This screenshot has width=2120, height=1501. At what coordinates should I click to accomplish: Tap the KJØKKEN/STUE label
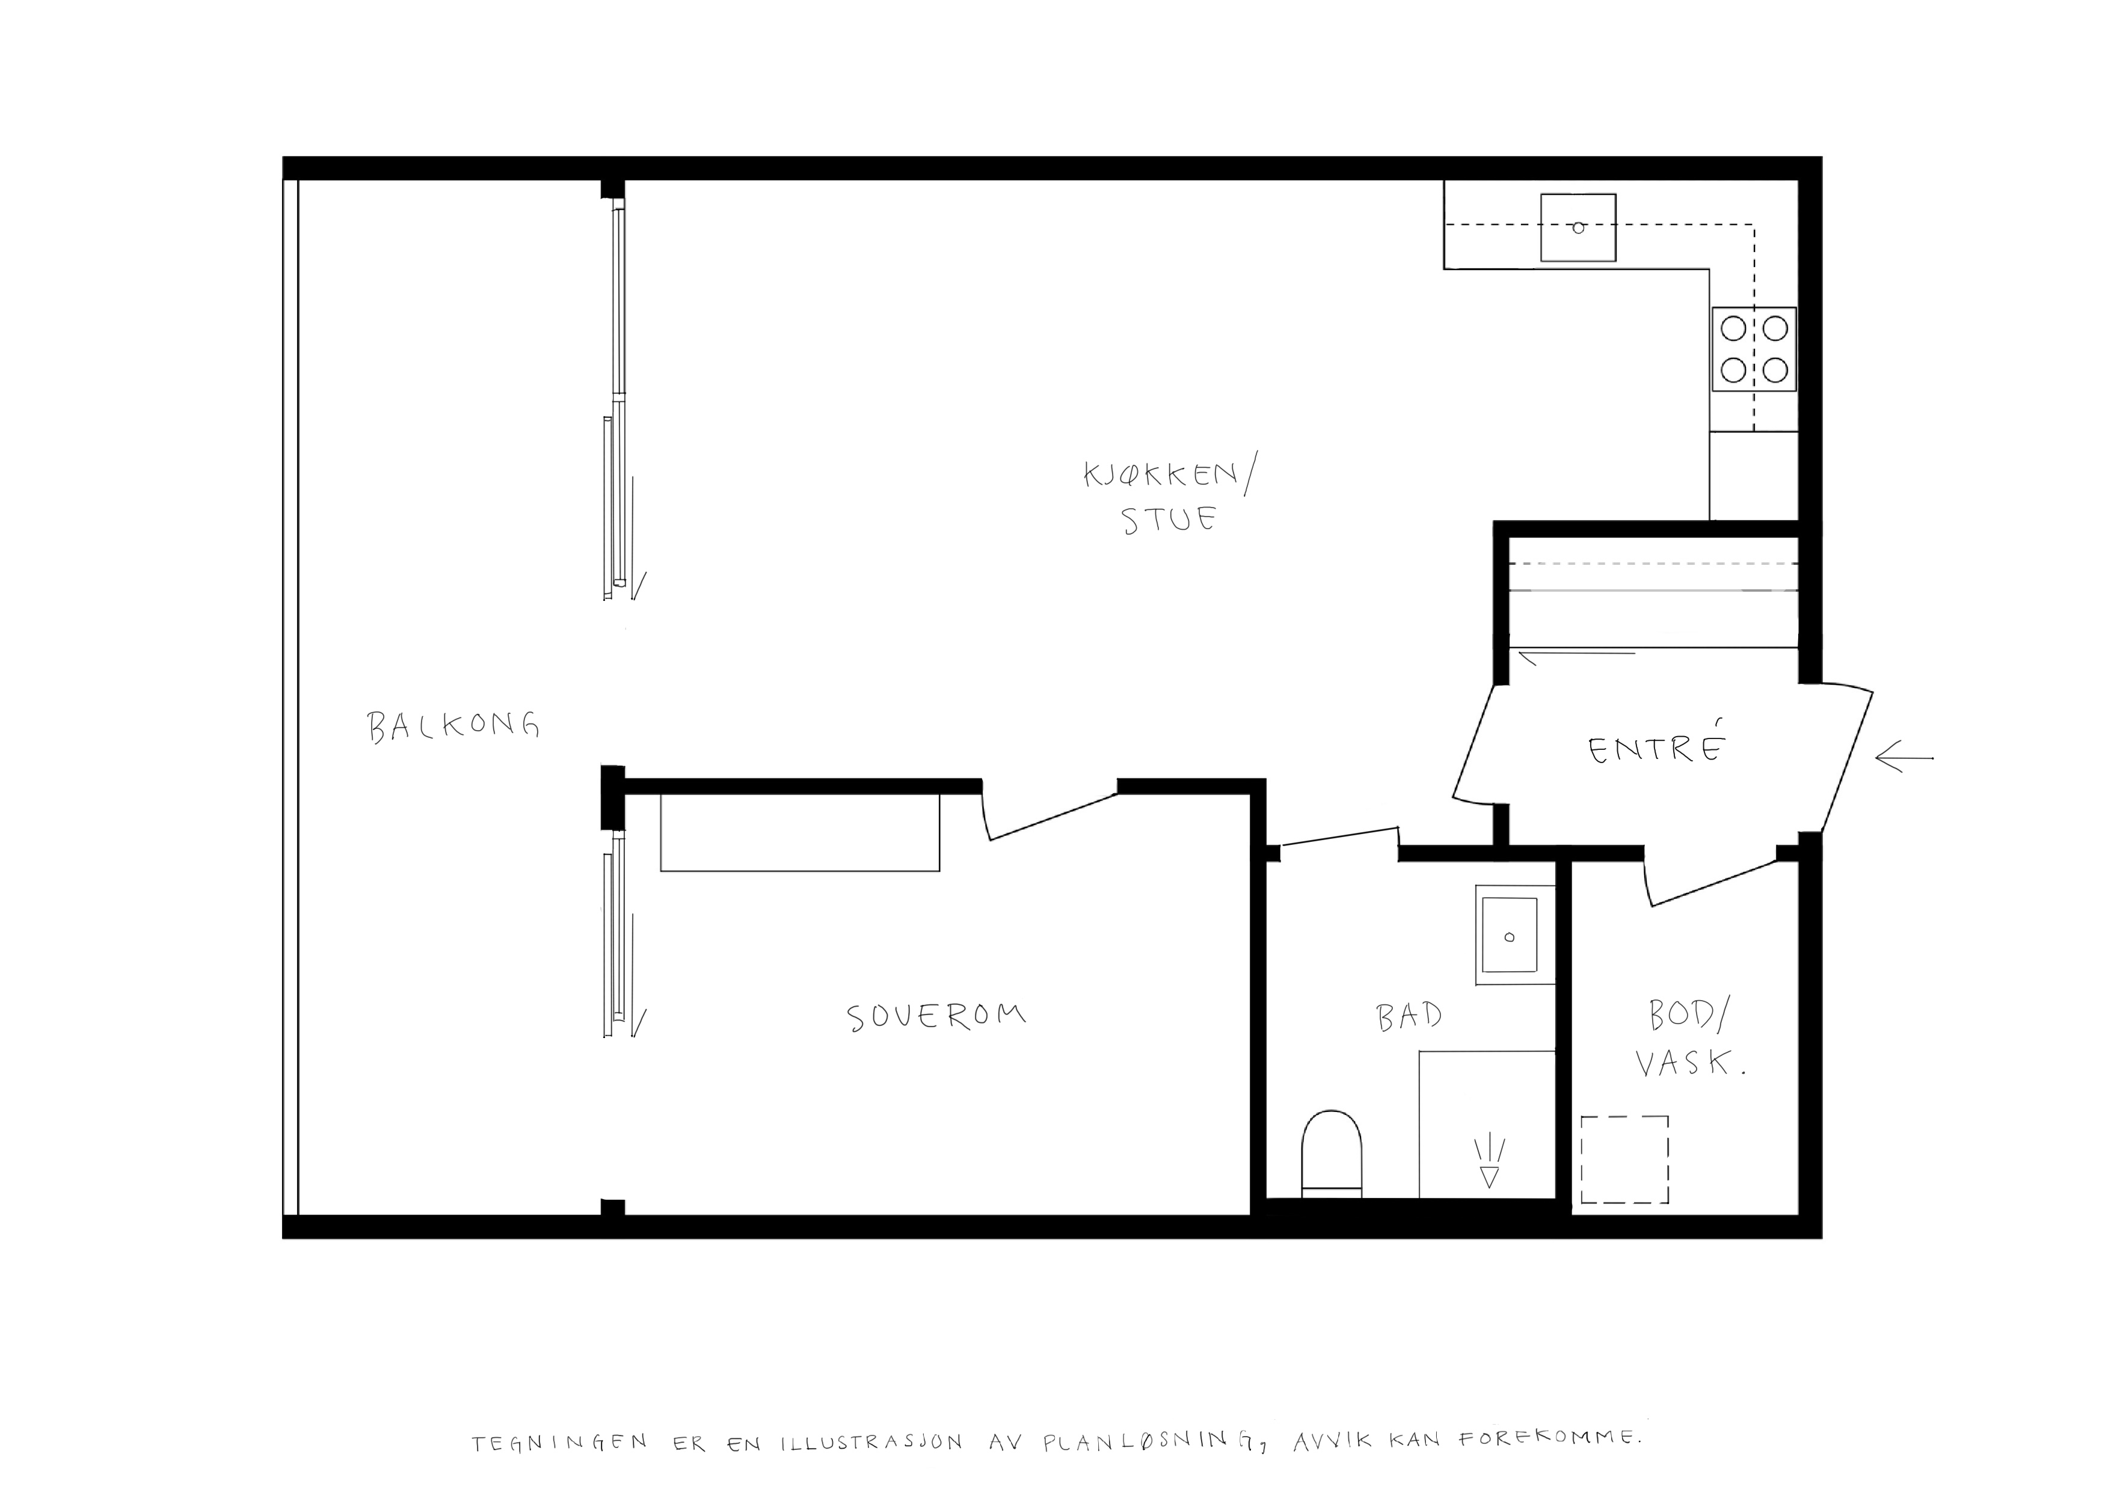tap(1169, 497)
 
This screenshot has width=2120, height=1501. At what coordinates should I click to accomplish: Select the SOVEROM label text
tap(936, 1017)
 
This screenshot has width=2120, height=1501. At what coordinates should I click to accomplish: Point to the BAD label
tap(1409, 1017)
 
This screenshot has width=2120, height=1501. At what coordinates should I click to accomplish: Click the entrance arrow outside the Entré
tap(1903, 759)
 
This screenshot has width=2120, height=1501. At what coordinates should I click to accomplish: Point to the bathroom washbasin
tap(1510, 935)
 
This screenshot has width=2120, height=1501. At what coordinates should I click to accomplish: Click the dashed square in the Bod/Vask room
tap(1624, 1159)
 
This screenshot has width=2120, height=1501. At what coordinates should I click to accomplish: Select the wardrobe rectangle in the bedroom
tap(799, 832)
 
